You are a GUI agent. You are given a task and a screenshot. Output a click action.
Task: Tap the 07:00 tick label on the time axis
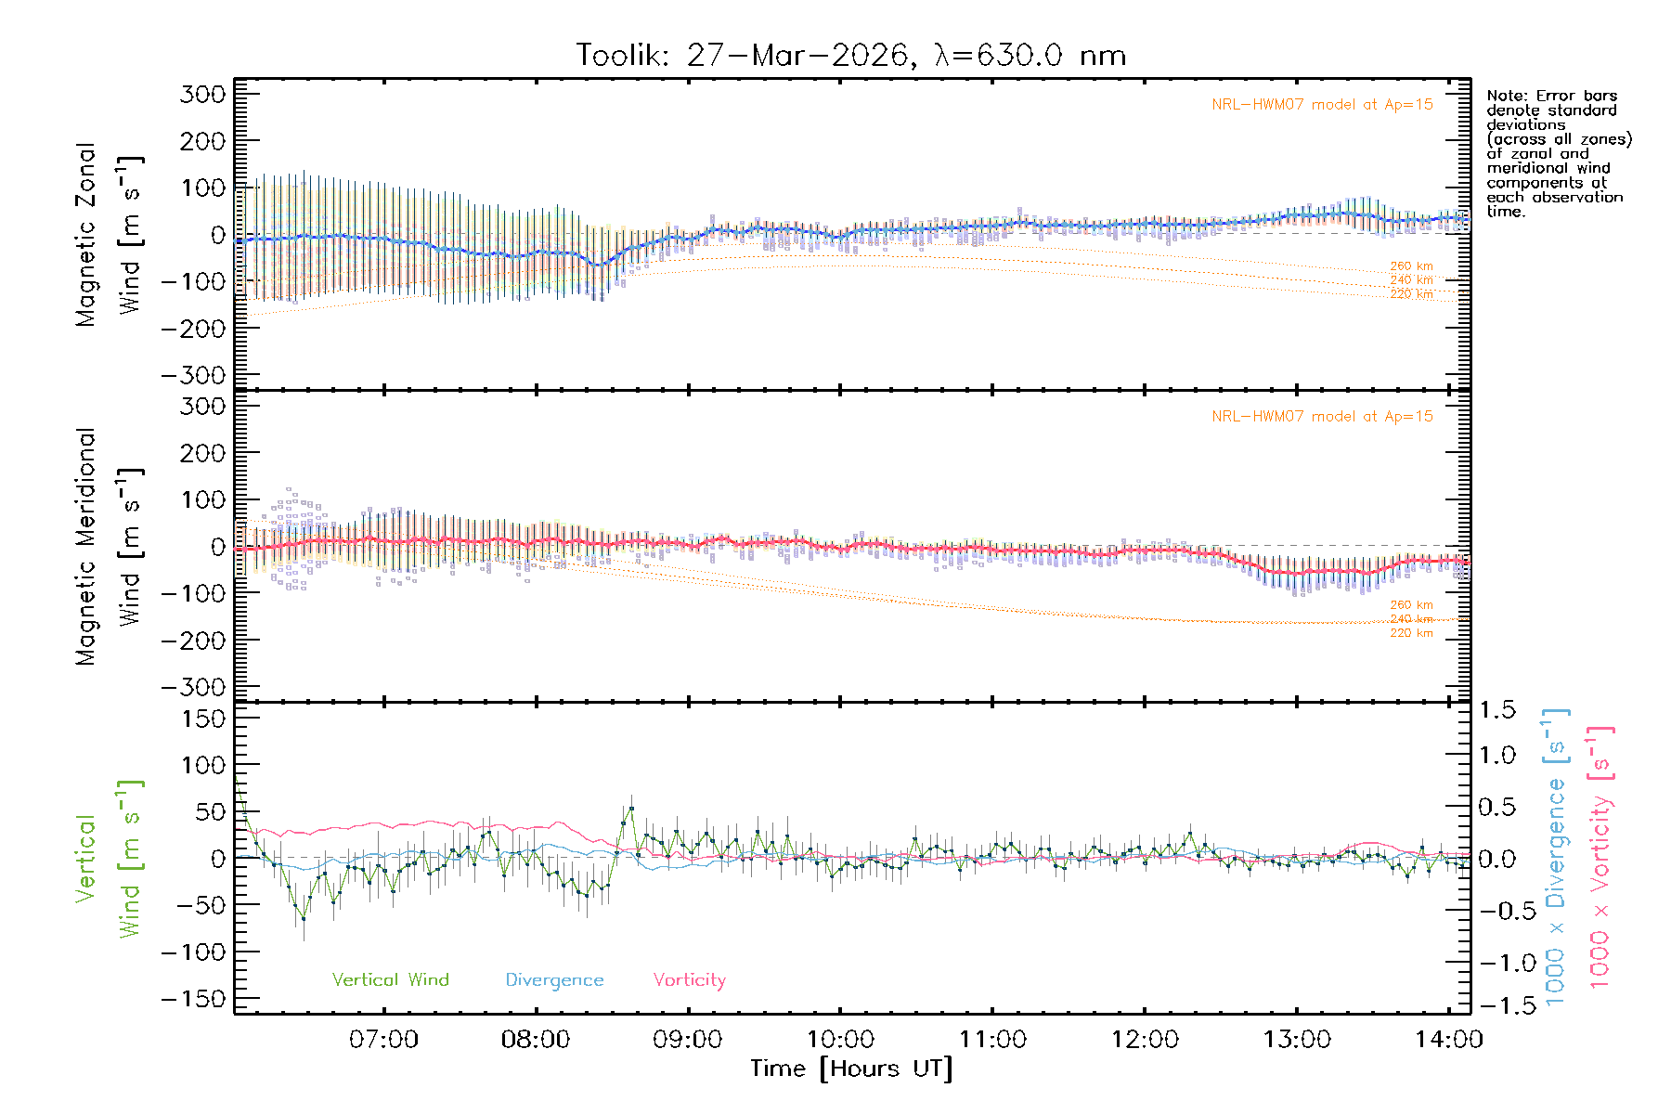(x=383, y=1040)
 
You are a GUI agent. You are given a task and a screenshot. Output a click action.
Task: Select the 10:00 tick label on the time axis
(x=840, y=1040)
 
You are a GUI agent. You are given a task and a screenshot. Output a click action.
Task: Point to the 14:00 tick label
(x=1448, y=1040)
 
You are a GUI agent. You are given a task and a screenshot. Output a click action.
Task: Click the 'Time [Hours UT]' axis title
(x=851, y=1069)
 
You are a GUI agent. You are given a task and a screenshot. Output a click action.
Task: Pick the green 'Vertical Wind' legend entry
(x=390, y=980)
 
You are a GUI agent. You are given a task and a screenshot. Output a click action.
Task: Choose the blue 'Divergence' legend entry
(x=554, y=980)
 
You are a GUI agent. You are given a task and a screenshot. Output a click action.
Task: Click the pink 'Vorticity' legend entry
(x=689, y=980)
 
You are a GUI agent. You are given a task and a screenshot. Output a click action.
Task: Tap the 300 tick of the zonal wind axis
(x=202, y=94)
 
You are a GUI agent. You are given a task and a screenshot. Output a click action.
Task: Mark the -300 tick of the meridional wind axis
(x=193, y=687)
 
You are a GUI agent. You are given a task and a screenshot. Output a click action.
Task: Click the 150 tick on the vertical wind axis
(x=202, y=719)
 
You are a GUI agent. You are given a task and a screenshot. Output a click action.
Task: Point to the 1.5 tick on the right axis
(x=1496, y=710)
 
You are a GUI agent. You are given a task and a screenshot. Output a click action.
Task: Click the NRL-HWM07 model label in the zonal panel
(x=1322, y=105)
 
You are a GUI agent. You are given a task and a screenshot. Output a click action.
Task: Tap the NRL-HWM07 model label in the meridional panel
(x=1322, y=417)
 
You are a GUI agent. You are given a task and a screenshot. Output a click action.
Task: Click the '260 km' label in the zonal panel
(x=1411, y=266)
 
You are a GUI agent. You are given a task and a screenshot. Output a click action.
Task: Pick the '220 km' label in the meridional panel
(x=1411, y=633)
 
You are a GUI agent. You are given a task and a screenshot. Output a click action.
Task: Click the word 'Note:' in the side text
(x=1507, y=96)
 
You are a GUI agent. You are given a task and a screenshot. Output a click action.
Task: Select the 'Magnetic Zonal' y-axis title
(x=85, y=234)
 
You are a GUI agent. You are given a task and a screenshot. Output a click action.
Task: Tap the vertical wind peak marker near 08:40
(x=631, y=809)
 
